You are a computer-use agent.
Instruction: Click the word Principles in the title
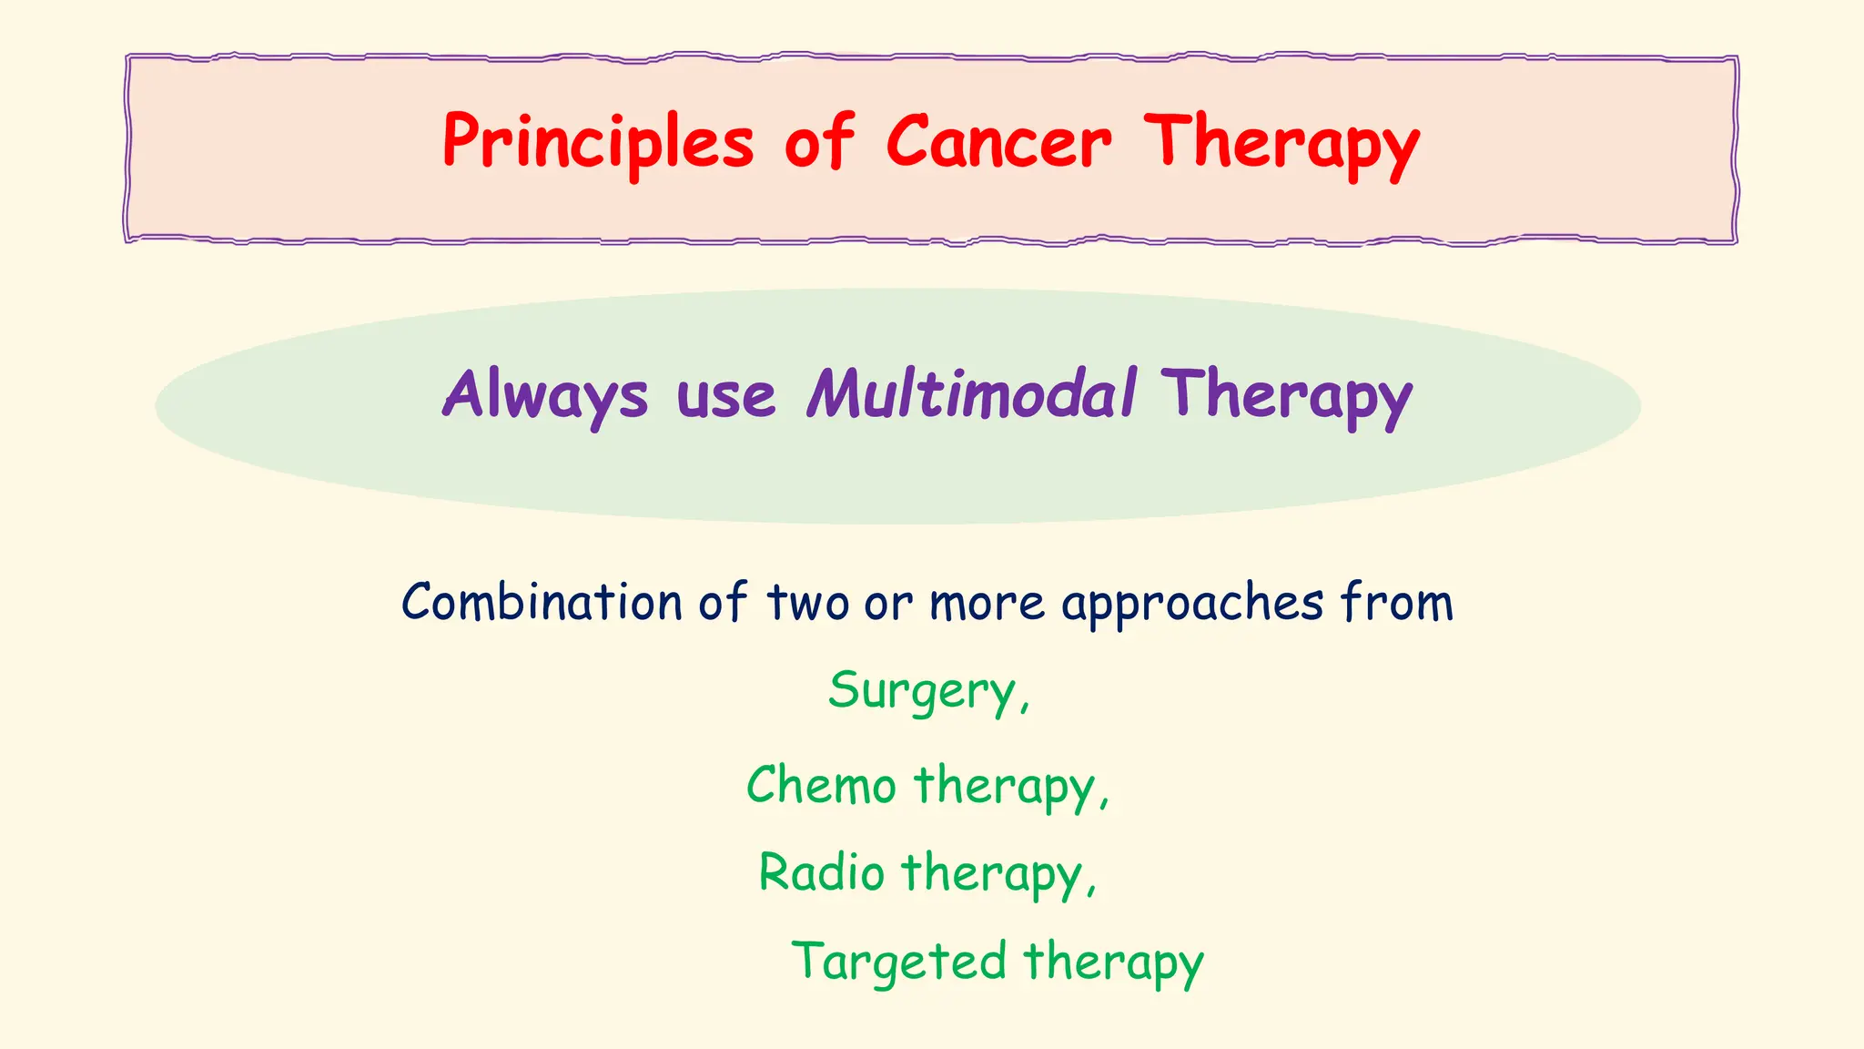[x=598, y=143]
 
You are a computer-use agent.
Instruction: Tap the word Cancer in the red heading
[x=998, y=143]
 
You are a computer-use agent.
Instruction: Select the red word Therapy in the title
[x=1281, y=143]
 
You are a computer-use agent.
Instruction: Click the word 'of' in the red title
[x=819, y=143]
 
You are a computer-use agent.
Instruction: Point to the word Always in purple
[x=544, y=394]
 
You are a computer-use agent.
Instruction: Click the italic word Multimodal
[x=971, y=394]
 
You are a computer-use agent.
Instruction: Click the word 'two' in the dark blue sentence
[x=808, y=603]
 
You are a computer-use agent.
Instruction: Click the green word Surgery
[x=921, y=692]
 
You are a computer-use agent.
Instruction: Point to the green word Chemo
[x=821, y=785]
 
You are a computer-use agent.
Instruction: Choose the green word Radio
[x=821, y=872]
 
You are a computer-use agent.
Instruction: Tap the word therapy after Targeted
[x=1113, y=962]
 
